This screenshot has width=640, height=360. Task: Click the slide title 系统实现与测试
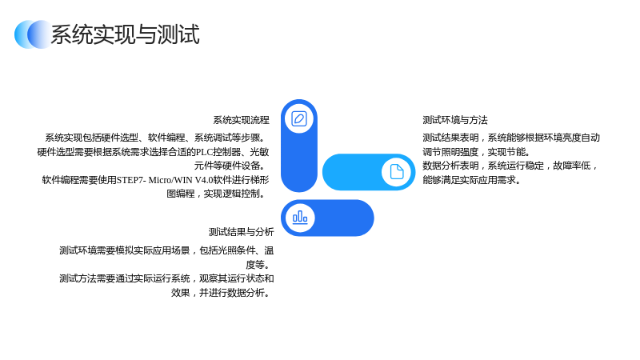pyautogui.click(x=125, y=34)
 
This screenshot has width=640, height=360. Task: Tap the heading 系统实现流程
pyautogui.click(x=241, y=120)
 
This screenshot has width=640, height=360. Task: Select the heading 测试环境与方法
pyautogui.click(x=454, y=120)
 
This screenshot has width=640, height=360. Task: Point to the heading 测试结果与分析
pyautogui.click(x=242, y=232)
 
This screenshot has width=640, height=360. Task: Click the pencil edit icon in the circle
pyautogui.click(x=299, y=118)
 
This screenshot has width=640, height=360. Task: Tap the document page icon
pyautogui.click(x=396, y=172)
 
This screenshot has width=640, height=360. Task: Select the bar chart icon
pyautogui.click(x=300, y=218)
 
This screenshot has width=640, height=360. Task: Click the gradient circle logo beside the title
pyautogui.click(x=34, y=34)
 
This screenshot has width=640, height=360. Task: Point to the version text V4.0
pyautogui.click(x=203, y=180)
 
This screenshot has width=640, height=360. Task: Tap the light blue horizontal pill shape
pyautogui.click(x=369, y=172)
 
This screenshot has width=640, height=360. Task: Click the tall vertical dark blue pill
pyautogui.click(x=299, y=146)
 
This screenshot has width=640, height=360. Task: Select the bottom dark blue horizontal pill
pyautogui.click(x=327, y=218)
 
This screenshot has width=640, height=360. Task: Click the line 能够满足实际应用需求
pyautogui.click(x=471, y=180)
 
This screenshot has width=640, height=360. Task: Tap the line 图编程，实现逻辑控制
pyautogui.click(x=218, y=194)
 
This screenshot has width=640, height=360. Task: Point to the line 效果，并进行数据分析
pyautogui.click(x=222, y=293)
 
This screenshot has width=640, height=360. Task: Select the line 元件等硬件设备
pyautogui.click(x=231, y=166)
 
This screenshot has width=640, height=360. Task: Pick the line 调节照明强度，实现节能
pyautogui.click(x=476, y=152)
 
